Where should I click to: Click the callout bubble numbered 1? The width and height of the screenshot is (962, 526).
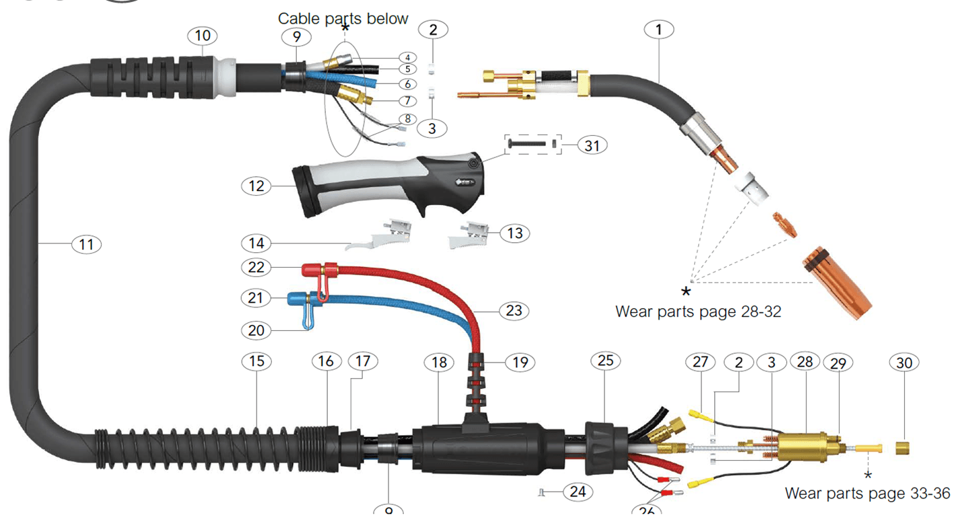coord(658,30)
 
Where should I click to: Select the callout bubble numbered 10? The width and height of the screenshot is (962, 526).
coord(203,36)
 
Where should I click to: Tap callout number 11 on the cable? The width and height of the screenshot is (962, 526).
coord(86,243)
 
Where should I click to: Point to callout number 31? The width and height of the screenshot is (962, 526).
coord(592,145)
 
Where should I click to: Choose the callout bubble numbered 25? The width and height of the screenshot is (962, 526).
coord(606,361)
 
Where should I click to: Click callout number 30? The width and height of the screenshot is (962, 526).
coord(905,363)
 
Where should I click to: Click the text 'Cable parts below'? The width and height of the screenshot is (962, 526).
coord(343,19)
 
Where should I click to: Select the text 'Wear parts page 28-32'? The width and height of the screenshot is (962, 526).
coord(698,312)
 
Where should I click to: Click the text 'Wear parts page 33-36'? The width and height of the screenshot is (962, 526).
coord(867,494)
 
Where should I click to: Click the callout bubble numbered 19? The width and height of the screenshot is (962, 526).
coord(520,363)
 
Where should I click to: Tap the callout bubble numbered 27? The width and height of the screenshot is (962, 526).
coord(701,362)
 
